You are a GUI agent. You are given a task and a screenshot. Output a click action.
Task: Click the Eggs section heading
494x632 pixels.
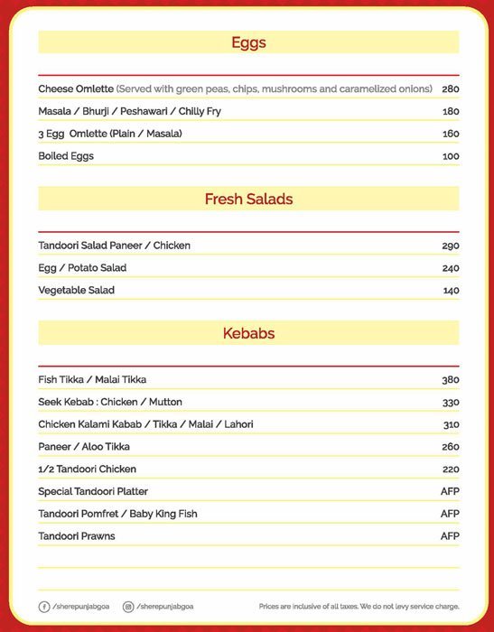pos(248,42)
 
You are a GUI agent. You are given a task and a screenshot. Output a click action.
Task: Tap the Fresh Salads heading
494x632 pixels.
pos(248,199)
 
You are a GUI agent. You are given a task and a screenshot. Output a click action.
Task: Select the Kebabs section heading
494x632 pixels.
pos(248,333)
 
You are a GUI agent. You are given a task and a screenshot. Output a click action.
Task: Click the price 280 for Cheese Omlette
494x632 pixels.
pos(450,89)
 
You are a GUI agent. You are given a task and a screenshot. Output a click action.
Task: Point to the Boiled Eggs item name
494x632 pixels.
pos(66,156)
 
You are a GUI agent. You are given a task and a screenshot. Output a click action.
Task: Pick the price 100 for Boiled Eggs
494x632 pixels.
pos(450,156)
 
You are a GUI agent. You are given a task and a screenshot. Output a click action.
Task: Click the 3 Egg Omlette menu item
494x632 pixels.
pos(110,134)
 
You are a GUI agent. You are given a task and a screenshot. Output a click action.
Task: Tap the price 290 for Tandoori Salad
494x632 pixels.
pos(450,246)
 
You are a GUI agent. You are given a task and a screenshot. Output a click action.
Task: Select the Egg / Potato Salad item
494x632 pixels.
pos(82,268)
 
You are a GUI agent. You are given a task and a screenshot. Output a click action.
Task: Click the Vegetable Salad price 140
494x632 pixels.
pos(450,291)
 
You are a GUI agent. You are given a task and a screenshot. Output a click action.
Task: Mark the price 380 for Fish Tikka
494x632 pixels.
pos(450,380)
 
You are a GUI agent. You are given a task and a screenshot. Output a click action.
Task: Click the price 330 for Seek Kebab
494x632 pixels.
pos(450,403)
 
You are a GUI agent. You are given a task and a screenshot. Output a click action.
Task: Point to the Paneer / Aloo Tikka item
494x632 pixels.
pos(83,447)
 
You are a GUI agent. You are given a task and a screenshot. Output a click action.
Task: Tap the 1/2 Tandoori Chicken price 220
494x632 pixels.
pos(450,469)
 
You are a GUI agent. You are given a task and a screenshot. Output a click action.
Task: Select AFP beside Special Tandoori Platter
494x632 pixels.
pos(450,491)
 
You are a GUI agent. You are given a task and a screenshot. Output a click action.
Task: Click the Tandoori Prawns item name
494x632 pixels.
pos(77,536)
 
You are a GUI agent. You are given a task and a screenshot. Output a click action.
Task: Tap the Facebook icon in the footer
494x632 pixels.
pos(44,607)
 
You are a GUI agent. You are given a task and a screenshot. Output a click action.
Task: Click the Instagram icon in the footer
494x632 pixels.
pos(128,607)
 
